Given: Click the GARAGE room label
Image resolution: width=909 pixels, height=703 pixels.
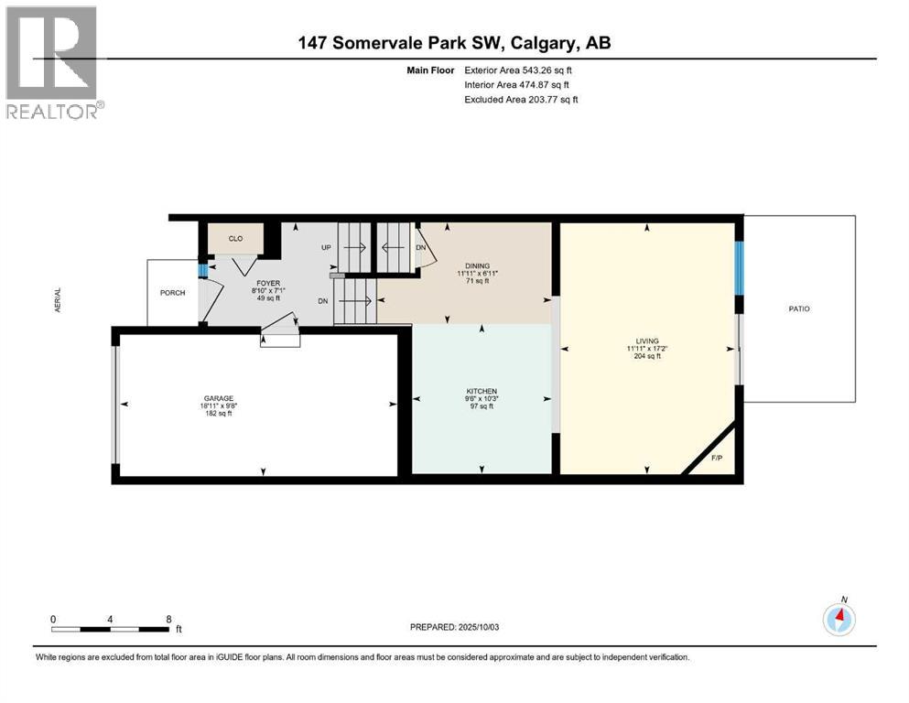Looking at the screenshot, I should (x=218, y=397).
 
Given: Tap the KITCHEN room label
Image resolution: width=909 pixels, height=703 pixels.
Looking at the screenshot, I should (x=481, y=391).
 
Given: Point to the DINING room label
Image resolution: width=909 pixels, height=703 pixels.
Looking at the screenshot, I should (x=477, y=265).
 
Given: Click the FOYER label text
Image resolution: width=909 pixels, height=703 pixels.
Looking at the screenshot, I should (x=268, y=284).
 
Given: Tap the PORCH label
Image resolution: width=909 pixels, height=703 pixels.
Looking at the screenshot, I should (x=172, y=293).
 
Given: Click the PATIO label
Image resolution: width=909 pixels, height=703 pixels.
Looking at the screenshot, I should (x=798, y=308).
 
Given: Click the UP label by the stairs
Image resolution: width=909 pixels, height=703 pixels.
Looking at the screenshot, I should (x=325, y=247).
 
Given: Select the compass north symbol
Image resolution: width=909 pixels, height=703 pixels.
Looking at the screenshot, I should (x=839, y=620).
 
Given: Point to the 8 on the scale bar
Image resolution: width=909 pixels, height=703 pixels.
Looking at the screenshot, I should (x=168, y=619).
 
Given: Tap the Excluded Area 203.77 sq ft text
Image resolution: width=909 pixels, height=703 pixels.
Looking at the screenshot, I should (x=522, y=99).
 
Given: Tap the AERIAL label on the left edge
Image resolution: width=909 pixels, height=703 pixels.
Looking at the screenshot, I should (x=59, y=302).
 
